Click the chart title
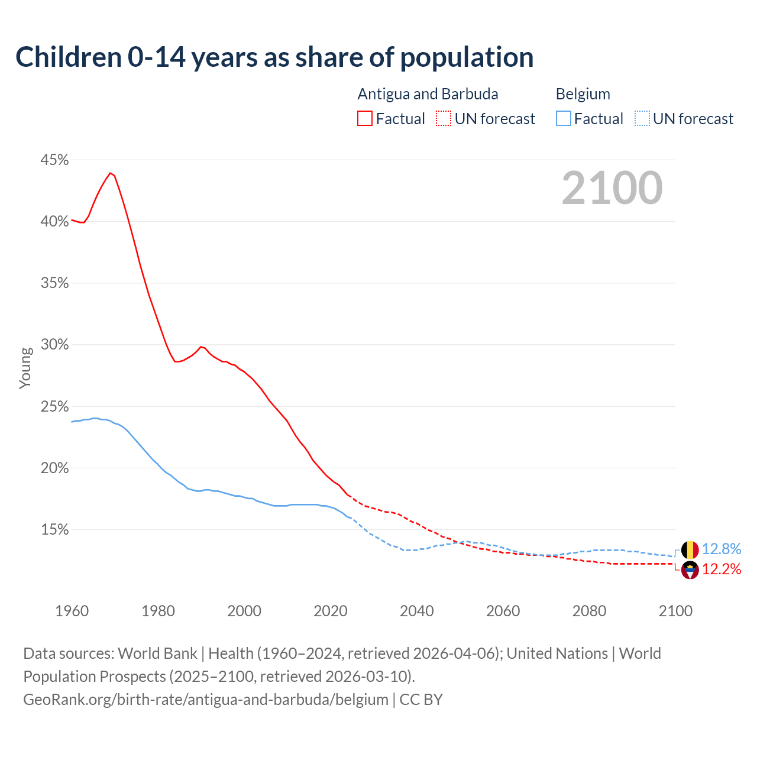(x=274, y=57)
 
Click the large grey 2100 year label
(x=612, y=188)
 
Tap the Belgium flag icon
(x=690, y=550)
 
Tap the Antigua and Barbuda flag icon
(x=690, y=570)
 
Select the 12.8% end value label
(x=722, y=549)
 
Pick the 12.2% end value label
(x=722, y=570)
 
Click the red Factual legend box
(x=365, y=119)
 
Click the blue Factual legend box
(x=564, y=119)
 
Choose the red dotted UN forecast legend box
(x=444, y=119)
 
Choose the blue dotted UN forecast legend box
(x=642, y=119)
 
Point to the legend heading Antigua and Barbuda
(x=428, y=94)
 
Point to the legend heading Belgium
(x=583, y=94)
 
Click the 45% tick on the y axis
(x=54, y=160)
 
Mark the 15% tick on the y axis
(x=54, y=530)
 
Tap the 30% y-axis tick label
(x=54, y=345)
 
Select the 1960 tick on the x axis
(x=72, y=611)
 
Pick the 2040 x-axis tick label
(x=416, y=611)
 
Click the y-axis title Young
(x=25, y=368)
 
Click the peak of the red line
(x=110, y=173)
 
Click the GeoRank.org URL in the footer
(x=206, y=700)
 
